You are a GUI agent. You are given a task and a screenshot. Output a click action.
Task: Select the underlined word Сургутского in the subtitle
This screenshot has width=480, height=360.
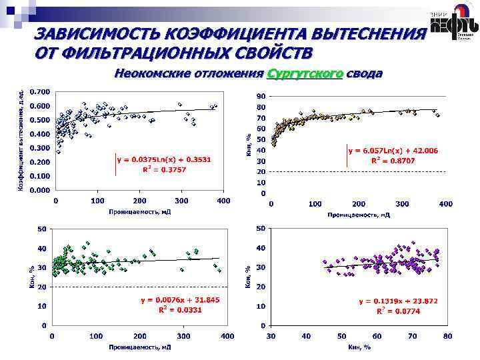point(305,73)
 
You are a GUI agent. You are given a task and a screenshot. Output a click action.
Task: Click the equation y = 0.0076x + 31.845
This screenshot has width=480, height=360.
point(180,300)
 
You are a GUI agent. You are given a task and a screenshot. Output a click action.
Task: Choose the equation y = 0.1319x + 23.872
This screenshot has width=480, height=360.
point(399,301)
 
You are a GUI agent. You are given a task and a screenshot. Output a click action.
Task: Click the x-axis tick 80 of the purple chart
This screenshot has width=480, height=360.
point(447,336)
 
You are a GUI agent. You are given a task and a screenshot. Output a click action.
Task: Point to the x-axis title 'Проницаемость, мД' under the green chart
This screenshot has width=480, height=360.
point(140,347)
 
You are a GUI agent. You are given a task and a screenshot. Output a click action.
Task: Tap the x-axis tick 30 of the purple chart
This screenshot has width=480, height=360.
point(270,336)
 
